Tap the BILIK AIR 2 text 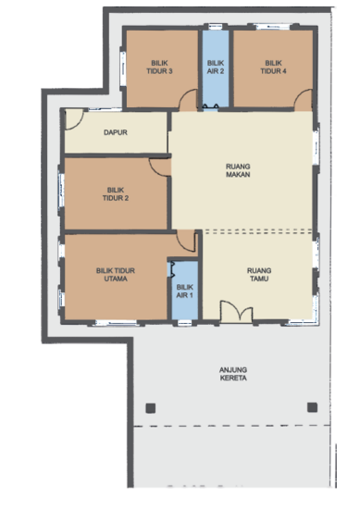(216, 67)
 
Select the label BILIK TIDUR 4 (271, 67)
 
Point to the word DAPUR (116, 132)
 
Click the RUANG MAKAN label (239, 171)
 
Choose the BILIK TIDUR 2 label (116, 192)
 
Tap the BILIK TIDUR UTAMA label (116, 275)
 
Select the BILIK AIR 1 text (185, 292)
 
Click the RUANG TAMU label (259, 275)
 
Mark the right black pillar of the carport (312, 407)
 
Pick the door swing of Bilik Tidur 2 (160, 166)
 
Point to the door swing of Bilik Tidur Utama (187, 242)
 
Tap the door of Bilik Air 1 (172, 269)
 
